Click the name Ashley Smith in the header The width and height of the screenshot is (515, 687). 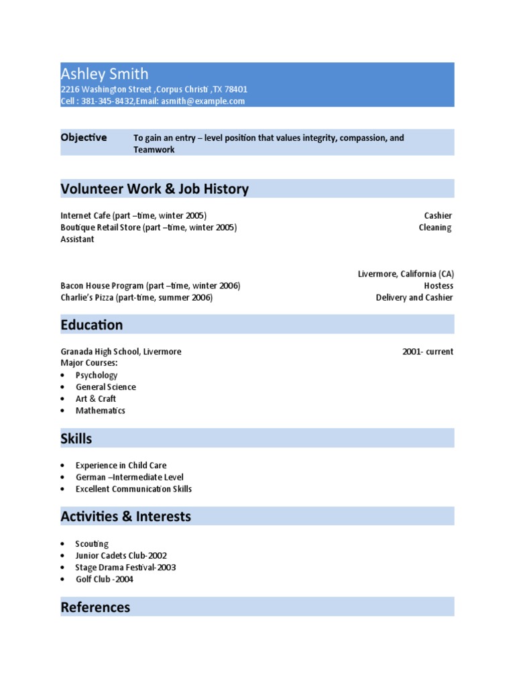pyautogui.click(x=105, y=74)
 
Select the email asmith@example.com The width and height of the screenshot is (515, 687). pyautogui.click(x=202, y=101)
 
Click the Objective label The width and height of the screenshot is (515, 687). pyautogui.click(x=84, y=138)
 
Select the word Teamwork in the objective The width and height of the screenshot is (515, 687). pyautogui.click(x=154, y=150)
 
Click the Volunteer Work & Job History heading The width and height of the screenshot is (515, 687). pyautogui.click(x=154, y=189)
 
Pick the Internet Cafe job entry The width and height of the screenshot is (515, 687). pyautogui.click(x=133, y=215)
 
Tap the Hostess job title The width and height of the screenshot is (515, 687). pyautogui.click(x=439, y=286)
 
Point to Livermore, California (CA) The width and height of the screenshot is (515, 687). pyautogui.click(x=406, y=274)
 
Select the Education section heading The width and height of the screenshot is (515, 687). pyautogui.click(x=92, y=325)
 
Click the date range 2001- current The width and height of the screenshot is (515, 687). pyautogui.click(x=428, y=352)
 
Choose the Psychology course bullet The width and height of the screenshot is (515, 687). pyautogui.click(x=97, y=375)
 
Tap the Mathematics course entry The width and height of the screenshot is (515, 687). pyautogui.click(x=100, y=411)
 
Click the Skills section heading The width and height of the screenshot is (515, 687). pyautogui.click(x=76, y=439)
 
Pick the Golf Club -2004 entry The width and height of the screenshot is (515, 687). pyautogui.click(x=104, y=579)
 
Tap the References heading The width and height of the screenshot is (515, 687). pyautogui.click(x=95, y=607)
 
